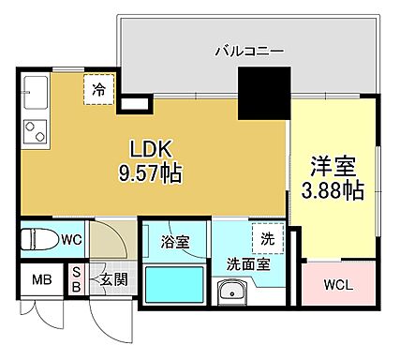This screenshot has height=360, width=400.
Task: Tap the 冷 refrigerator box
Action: coord(98,90)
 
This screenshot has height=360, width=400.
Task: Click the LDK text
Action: coord(150,151)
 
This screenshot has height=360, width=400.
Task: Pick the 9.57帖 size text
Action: coord(150,173)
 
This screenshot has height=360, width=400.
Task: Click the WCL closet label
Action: coord(337,285)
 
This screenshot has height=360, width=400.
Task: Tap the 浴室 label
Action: coord(175,242)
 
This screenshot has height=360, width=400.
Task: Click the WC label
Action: coord(72,240)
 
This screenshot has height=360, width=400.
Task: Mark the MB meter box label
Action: coord(42,279)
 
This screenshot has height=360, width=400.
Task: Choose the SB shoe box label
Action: coord(77,279)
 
